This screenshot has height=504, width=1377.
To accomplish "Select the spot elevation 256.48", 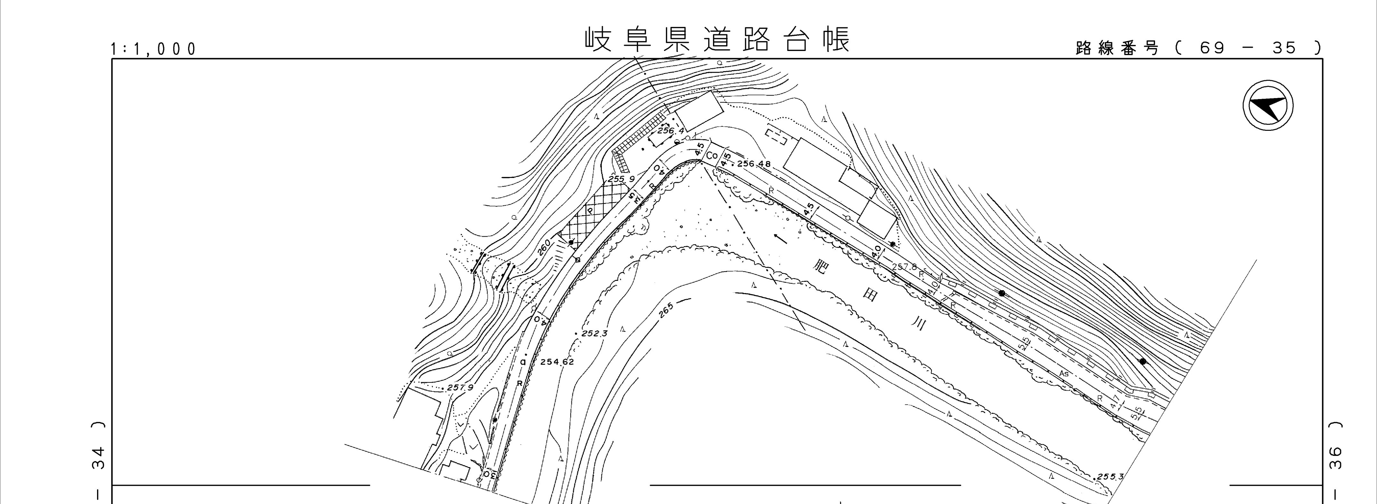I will point(754,164).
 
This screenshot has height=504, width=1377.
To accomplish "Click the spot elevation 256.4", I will point(671,130).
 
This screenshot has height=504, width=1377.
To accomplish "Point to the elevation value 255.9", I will point(622,179).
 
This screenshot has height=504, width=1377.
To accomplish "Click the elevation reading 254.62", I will point(557,362).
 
